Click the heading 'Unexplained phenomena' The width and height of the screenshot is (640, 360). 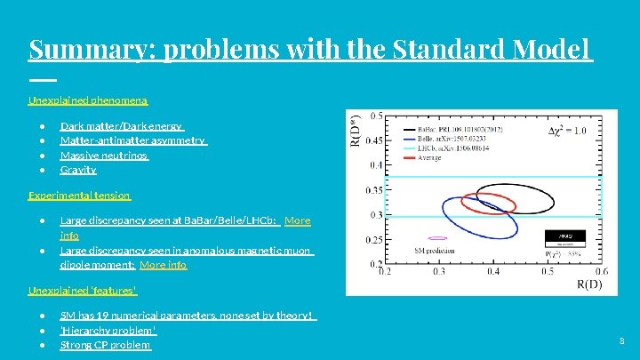(x=88, y=100)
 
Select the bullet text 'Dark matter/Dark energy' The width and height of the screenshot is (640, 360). (x=121, y=127)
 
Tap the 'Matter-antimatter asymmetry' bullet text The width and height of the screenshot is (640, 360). (x=132, y=140)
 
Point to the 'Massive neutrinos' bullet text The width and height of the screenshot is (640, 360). (x=104, y=155)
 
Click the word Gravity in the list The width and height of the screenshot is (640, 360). (x=78, y=169)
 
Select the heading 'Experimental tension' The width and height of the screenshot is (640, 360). (x=79, y=195)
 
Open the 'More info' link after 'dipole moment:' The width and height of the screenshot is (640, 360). (x=164, y=264)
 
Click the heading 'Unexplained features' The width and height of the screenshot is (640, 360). (x=83, y=290)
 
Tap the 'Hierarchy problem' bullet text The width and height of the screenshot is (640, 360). (x=108, y=330)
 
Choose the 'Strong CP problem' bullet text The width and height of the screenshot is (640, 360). (x=105, y=344)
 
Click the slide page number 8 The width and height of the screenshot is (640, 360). (x=622, y=340)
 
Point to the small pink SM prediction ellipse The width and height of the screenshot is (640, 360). (x=436, y=238)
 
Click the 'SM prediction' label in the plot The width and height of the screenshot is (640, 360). (x=428, y=252)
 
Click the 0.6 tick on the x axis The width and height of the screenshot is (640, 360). (x=601, y=272)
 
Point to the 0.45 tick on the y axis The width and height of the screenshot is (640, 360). (x=375, y=140)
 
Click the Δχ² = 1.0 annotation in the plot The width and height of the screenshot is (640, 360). (x=565, y=131)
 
